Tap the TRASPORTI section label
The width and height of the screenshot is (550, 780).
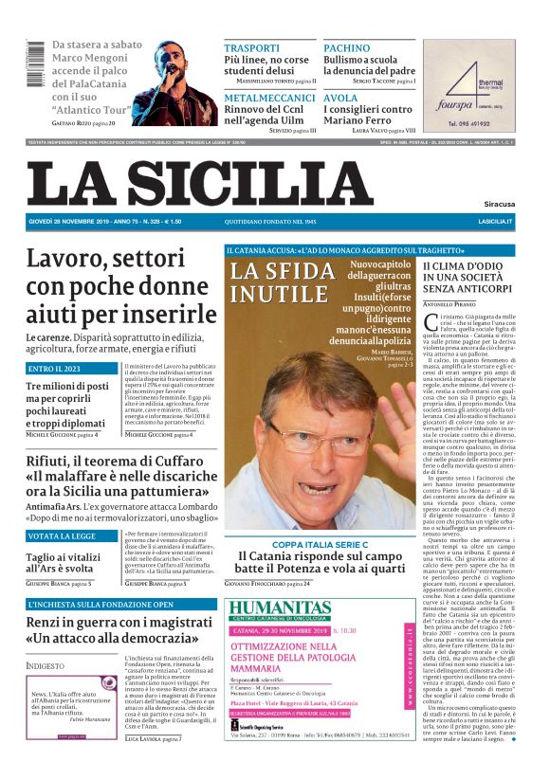[x=251, y=47]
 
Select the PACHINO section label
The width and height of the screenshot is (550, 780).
[x=346, y=47]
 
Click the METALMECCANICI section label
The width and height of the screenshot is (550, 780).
[x=269, y=98]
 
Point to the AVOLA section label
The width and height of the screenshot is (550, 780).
[x=340, y=98]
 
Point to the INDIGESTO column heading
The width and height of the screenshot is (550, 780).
[x=46, y=665]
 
